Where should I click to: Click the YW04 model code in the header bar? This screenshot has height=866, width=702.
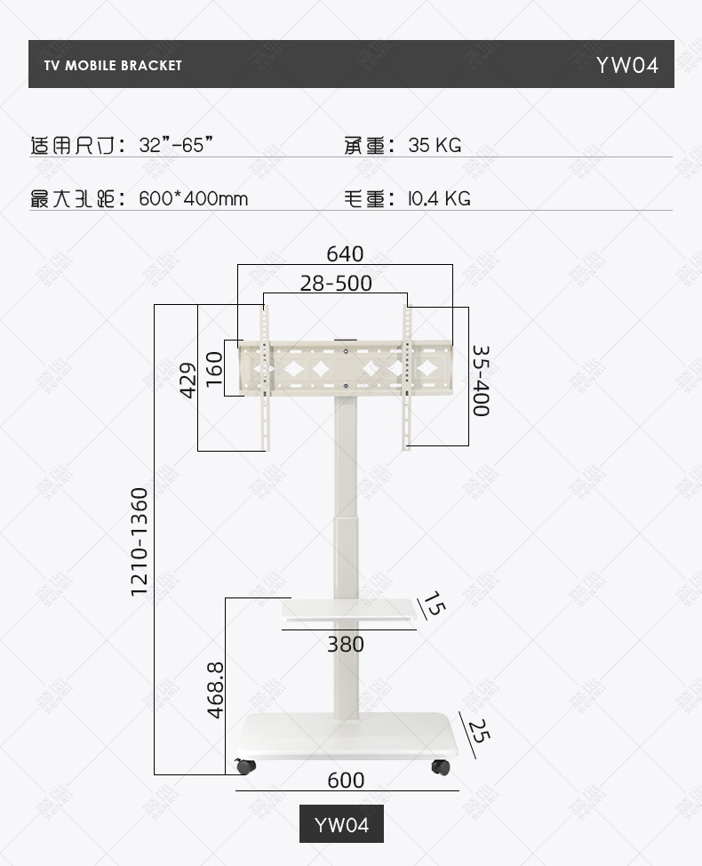pyautogui.click(x=627, y=65)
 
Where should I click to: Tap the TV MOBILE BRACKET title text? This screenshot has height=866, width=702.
pyautogui.click(x=113, y=65)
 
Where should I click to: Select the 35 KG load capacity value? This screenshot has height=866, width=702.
pyautogui.click(x=435, y=146)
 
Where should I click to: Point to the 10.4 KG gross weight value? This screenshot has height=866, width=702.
pyautogui.click(x=439, y=199)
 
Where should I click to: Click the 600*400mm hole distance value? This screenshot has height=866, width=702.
pyautogui.click(x=194, y=199)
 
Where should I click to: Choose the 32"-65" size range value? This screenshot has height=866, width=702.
pyautogui.click(x=176, y=146)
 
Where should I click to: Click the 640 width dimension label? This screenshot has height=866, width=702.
pyautogui.click(x=345, y=254)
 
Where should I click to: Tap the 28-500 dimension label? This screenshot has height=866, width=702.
pyautogui.click(x=336, y=284)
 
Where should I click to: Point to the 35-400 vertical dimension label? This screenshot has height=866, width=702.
pyautogui.click(x=481, y=381)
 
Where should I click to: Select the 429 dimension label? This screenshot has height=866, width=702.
pyautogui.click(x=187, y=380)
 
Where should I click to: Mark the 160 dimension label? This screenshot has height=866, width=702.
pyautogui.click(x=213, y=369)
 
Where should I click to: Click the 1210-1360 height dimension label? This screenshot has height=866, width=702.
pyautogui.click(x=140, y=541)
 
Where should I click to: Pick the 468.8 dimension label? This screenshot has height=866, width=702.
pyautogui.click(x=214, y=689)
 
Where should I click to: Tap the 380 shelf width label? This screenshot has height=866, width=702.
pyautogui.click(x=346, y=645)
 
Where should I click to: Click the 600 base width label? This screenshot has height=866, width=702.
pyautogui.click(x=346, y=781)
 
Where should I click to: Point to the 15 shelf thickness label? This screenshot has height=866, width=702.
pyautogui.click(x=434, y=606)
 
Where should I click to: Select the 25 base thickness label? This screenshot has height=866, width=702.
pyautogui.click(x=479, y=731)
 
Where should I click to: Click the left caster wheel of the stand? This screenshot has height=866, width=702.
pyautogui.click(x=243, y=766)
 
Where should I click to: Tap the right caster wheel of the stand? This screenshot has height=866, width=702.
pyautogui.click(x=441, y=766)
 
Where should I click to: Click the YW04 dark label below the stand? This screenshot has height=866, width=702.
pyautogui.click(x=341, y=825)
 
